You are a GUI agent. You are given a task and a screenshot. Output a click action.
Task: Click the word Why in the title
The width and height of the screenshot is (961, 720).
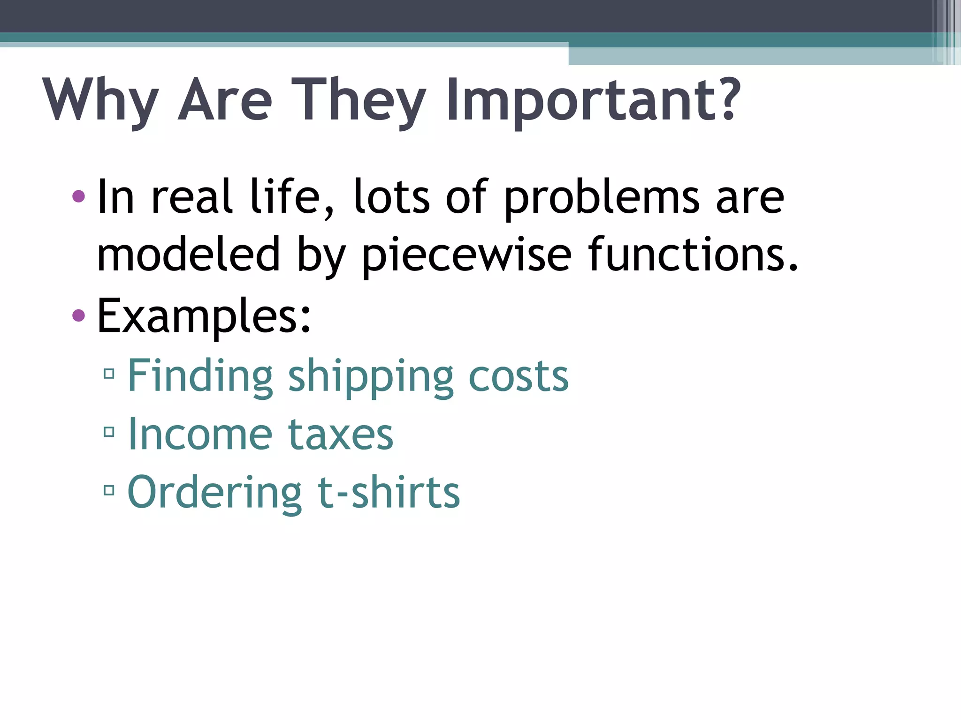tap(100, 100)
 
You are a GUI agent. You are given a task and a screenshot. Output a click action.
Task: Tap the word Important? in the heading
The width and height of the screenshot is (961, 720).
tap(594, 100)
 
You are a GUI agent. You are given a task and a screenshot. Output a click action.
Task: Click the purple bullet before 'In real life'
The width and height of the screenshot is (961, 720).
tap(79, 196)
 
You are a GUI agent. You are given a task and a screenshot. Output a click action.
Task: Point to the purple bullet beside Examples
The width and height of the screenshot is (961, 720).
tap(79, 315)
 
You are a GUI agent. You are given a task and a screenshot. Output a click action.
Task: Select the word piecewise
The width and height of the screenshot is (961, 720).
tap(467, 255)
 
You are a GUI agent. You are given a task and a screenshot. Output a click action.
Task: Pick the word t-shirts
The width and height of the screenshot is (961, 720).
tap(389, 492)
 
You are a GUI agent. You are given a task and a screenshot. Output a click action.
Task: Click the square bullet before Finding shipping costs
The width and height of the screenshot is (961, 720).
tap(109, 374)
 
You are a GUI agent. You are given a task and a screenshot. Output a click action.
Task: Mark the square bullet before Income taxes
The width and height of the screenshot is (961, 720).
tap(109, 432)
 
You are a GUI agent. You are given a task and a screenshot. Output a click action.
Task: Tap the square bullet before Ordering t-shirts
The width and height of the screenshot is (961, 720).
tap(109, 490)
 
